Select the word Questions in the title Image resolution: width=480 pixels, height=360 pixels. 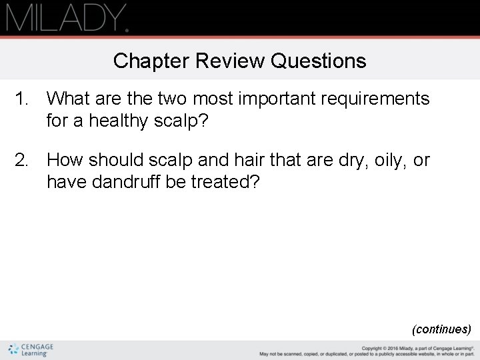319,61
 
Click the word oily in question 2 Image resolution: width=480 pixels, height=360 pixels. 383,160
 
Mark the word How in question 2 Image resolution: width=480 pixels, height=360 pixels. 65,160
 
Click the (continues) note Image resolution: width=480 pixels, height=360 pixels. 441,329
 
